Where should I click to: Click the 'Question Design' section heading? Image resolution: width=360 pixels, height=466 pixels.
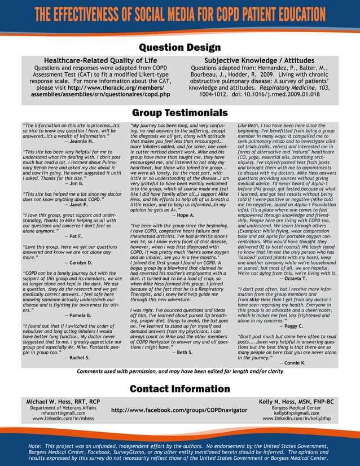click(x=179, y=47)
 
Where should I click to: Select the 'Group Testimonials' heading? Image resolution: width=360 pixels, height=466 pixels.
click(x=179, y=113)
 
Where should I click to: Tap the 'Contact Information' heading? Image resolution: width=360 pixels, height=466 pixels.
click(x=179, y=389)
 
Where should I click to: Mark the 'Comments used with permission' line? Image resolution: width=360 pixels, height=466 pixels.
click(x=179, y=371)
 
